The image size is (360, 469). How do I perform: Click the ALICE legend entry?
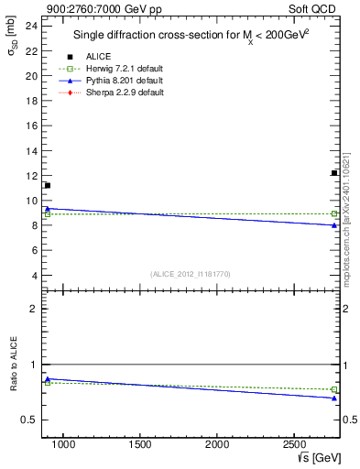pyautogui.click(x=98, y=57)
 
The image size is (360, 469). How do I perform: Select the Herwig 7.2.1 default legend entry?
pyautogui.click(x=125, y=69)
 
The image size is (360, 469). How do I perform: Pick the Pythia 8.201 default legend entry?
pyautogui.click(x=124, y=81)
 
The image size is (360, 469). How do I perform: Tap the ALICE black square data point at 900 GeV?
pyautogui.click(x=48, y=186)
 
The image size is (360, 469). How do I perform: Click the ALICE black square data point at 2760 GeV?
pyautogui.click(x=334, y=173)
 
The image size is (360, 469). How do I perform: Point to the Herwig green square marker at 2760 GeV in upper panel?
pyautogui.click(x=334, y=213)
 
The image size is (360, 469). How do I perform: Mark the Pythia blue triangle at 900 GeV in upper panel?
pyautogui.click(x=48, y=209)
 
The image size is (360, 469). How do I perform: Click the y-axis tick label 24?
pyautogui.click(x=31, y=26)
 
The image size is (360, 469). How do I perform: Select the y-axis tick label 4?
pyautogui.click(x=34, y=276)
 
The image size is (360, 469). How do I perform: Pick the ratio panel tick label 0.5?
pyautogui.click(x=29, y=420)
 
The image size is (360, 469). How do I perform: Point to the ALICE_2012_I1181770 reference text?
pyautogui.click(x=191, y=274)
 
